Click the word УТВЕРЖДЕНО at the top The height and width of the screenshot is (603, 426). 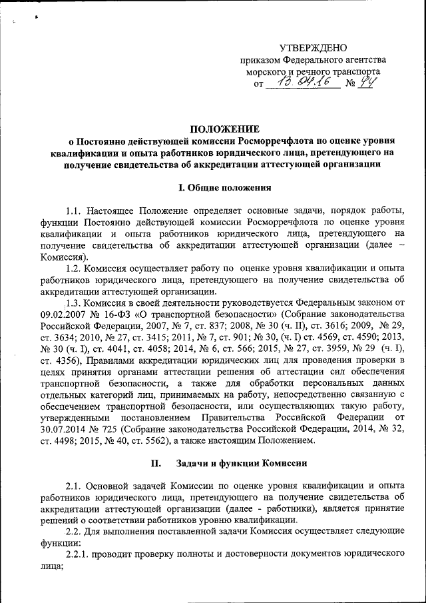pyautogui.click(x=313, y=47)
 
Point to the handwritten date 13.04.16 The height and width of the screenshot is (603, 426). pyautogui.click(x=303, y=83)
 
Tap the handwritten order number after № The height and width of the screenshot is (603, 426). pyautogui.click(x=366, y=83)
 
